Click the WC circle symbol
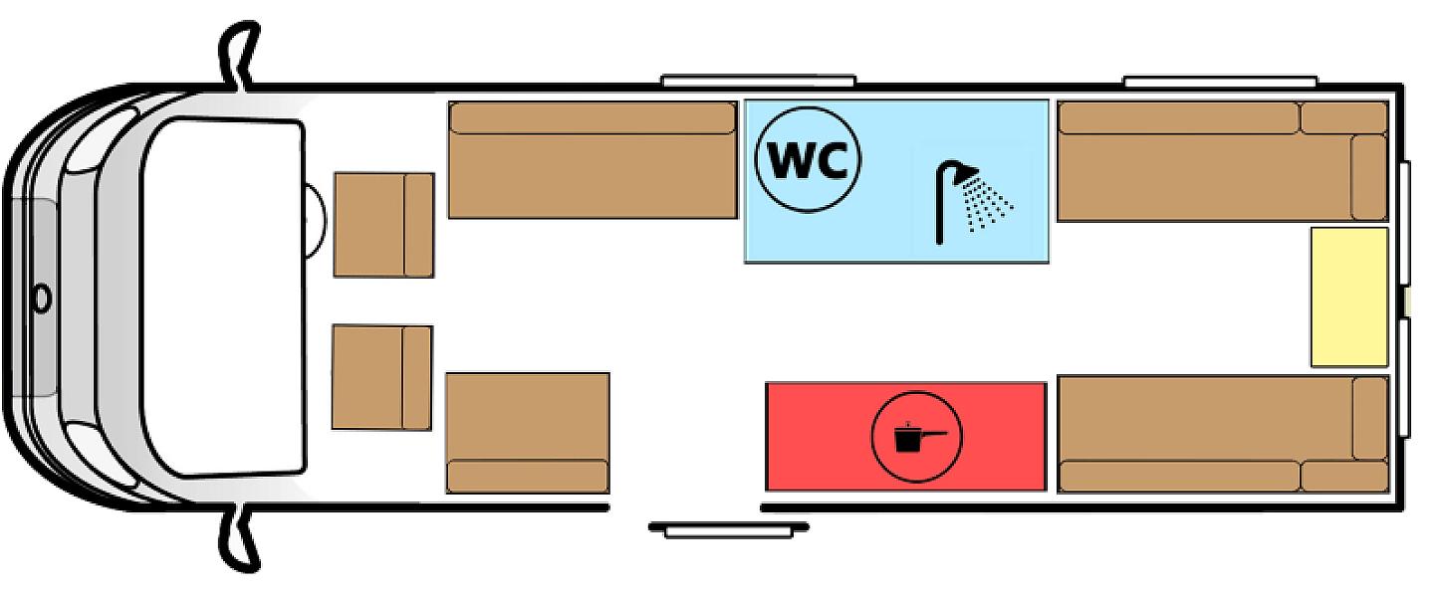click(808, 160)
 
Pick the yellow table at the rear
click(1349, 297)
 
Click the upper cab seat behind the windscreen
click(383, 225)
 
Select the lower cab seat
click(381, 377)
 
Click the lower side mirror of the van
click(238, 538)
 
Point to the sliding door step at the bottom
click(729, 529)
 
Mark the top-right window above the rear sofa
click(1220, 81)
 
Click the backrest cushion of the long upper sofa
click(593, 118)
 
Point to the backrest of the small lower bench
click(527, 476)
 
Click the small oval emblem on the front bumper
click(42, 298)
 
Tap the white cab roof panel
click(224, 298)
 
